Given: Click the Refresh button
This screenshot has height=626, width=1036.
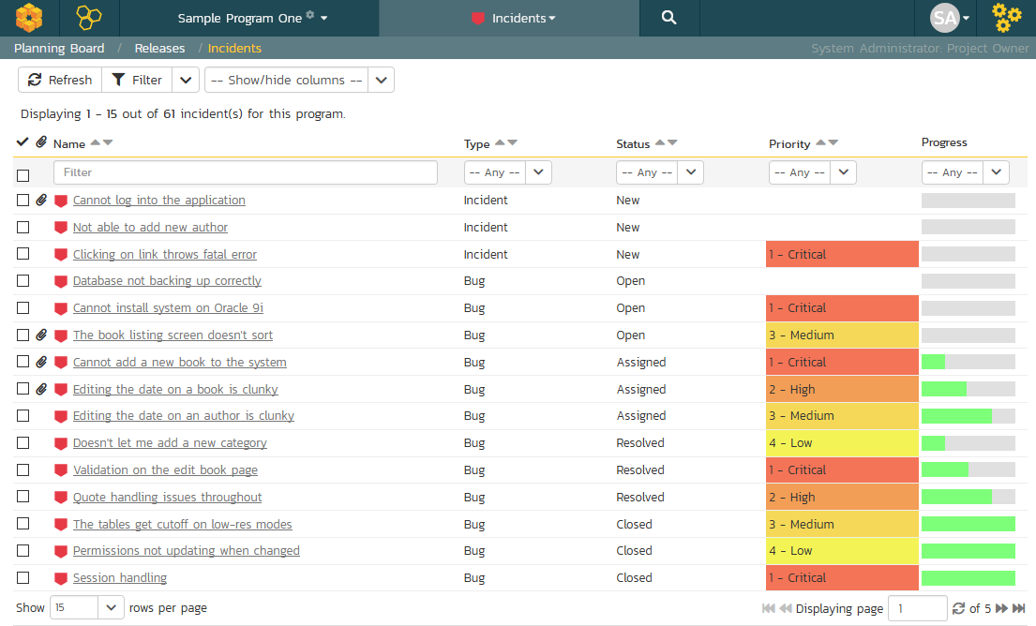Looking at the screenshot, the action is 60,80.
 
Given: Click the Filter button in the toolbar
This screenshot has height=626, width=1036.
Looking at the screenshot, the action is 137,80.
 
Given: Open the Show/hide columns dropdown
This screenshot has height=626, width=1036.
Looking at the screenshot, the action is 299,80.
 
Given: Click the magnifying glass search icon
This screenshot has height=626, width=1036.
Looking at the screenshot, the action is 669,18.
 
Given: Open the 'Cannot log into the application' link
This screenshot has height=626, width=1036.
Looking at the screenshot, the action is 158,201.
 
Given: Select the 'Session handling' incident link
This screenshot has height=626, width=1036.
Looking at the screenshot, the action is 120,578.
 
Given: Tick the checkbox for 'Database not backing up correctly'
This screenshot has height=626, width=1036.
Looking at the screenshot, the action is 23,280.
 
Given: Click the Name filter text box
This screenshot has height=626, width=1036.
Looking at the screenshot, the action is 245,172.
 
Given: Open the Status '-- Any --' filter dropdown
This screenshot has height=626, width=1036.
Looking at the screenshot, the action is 659,172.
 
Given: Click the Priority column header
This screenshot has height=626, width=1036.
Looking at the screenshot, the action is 788,143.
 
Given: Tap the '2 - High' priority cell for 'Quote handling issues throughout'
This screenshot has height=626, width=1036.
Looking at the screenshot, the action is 842,498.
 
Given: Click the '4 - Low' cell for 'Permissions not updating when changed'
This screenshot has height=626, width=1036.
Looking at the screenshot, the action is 842,551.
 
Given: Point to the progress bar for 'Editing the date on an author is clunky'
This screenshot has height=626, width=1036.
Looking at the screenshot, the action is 968,416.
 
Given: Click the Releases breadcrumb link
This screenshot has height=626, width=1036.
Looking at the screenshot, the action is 159,48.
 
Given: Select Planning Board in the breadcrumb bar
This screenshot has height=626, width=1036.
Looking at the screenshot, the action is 59,48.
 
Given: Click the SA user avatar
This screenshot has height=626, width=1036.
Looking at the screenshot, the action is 945,18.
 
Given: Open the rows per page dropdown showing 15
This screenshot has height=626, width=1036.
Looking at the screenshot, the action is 86,607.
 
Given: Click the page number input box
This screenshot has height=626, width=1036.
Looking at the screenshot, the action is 917,608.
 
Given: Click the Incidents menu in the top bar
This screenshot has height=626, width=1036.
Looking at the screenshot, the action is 514,18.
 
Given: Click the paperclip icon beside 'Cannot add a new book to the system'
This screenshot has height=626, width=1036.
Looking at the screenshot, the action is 41,362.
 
